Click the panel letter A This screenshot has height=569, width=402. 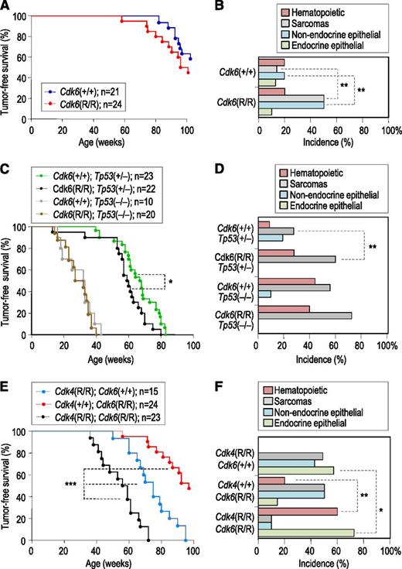coord(6,7)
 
